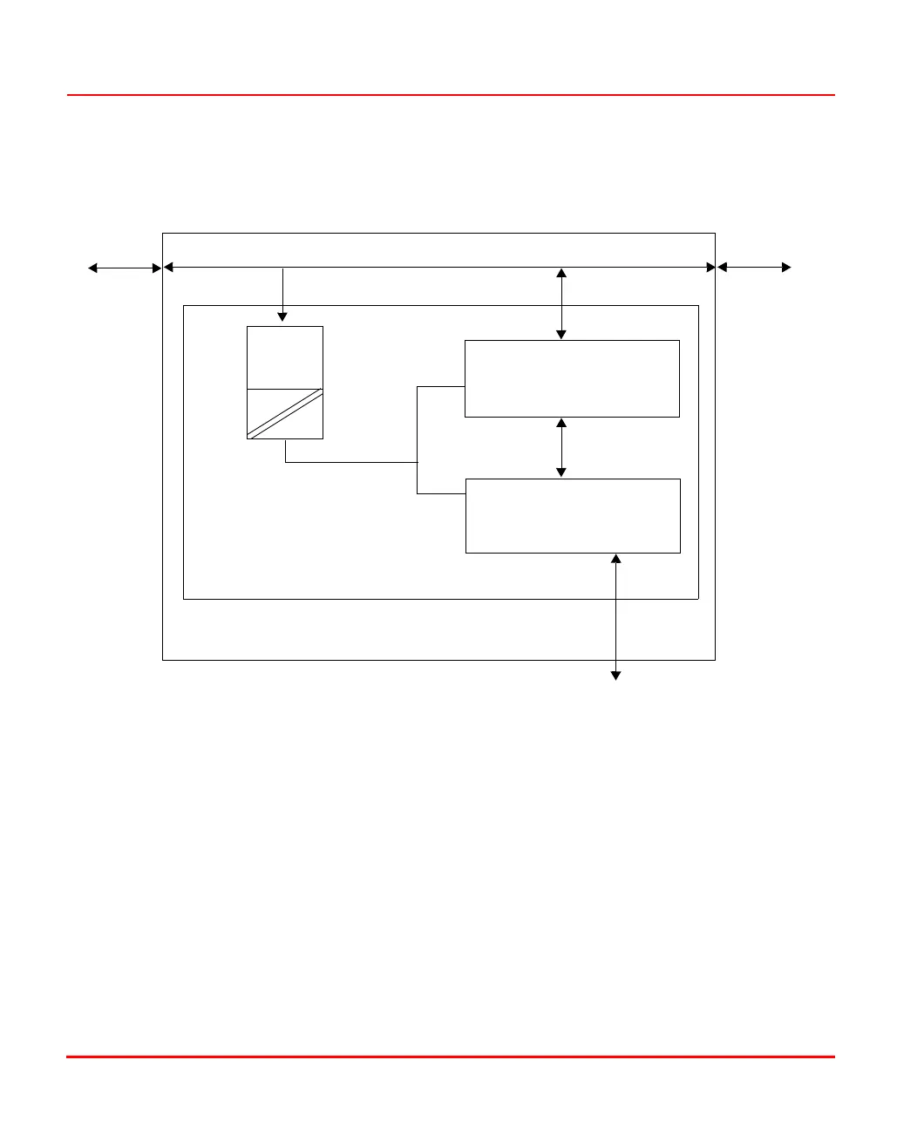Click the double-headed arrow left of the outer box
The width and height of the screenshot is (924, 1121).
125,268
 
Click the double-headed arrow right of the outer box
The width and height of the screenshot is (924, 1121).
754,268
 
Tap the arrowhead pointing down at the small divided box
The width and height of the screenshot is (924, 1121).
282,316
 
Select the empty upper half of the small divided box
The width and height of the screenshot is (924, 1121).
285,357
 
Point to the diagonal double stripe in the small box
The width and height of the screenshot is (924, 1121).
286,413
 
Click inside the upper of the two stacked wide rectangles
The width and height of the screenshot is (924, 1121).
572,378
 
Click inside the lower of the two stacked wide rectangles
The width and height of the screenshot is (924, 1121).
573,515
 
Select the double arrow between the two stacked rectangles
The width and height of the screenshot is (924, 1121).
561,448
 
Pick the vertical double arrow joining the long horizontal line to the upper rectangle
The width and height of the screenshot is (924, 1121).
561,303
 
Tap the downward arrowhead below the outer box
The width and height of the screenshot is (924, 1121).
615,675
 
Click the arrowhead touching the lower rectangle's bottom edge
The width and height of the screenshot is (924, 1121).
615,559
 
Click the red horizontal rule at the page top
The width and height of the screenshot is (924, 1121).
451,95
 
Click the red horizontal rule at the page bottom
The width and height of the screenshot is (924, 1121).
451,1057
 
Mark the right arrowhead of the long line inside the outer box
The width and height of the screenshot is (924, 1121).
710,267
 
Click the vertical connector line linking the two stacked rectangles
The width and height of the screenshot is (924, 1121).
418,440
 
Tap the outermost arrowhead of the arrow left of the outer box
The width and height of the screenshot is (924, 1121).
92,268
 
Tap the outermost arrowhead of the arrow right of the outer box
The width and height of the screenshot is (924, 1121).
786,268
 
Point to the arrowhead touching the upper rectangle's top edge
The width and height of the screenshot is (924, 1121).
561,335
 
